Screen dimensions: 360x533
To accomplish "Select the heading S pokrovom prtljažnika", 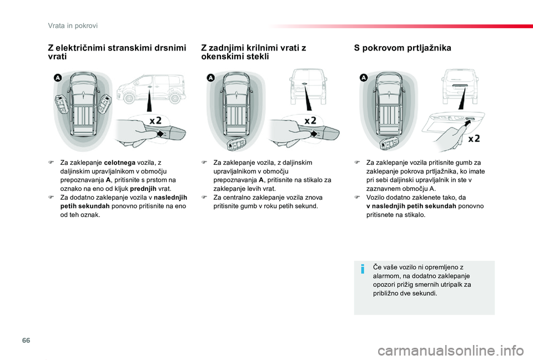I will point(403,48).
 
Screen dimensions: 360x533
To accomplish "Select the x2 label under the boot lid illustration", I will point(474,139).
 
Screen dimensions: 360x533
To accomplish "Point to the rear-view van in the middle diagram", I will point(305,86).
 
